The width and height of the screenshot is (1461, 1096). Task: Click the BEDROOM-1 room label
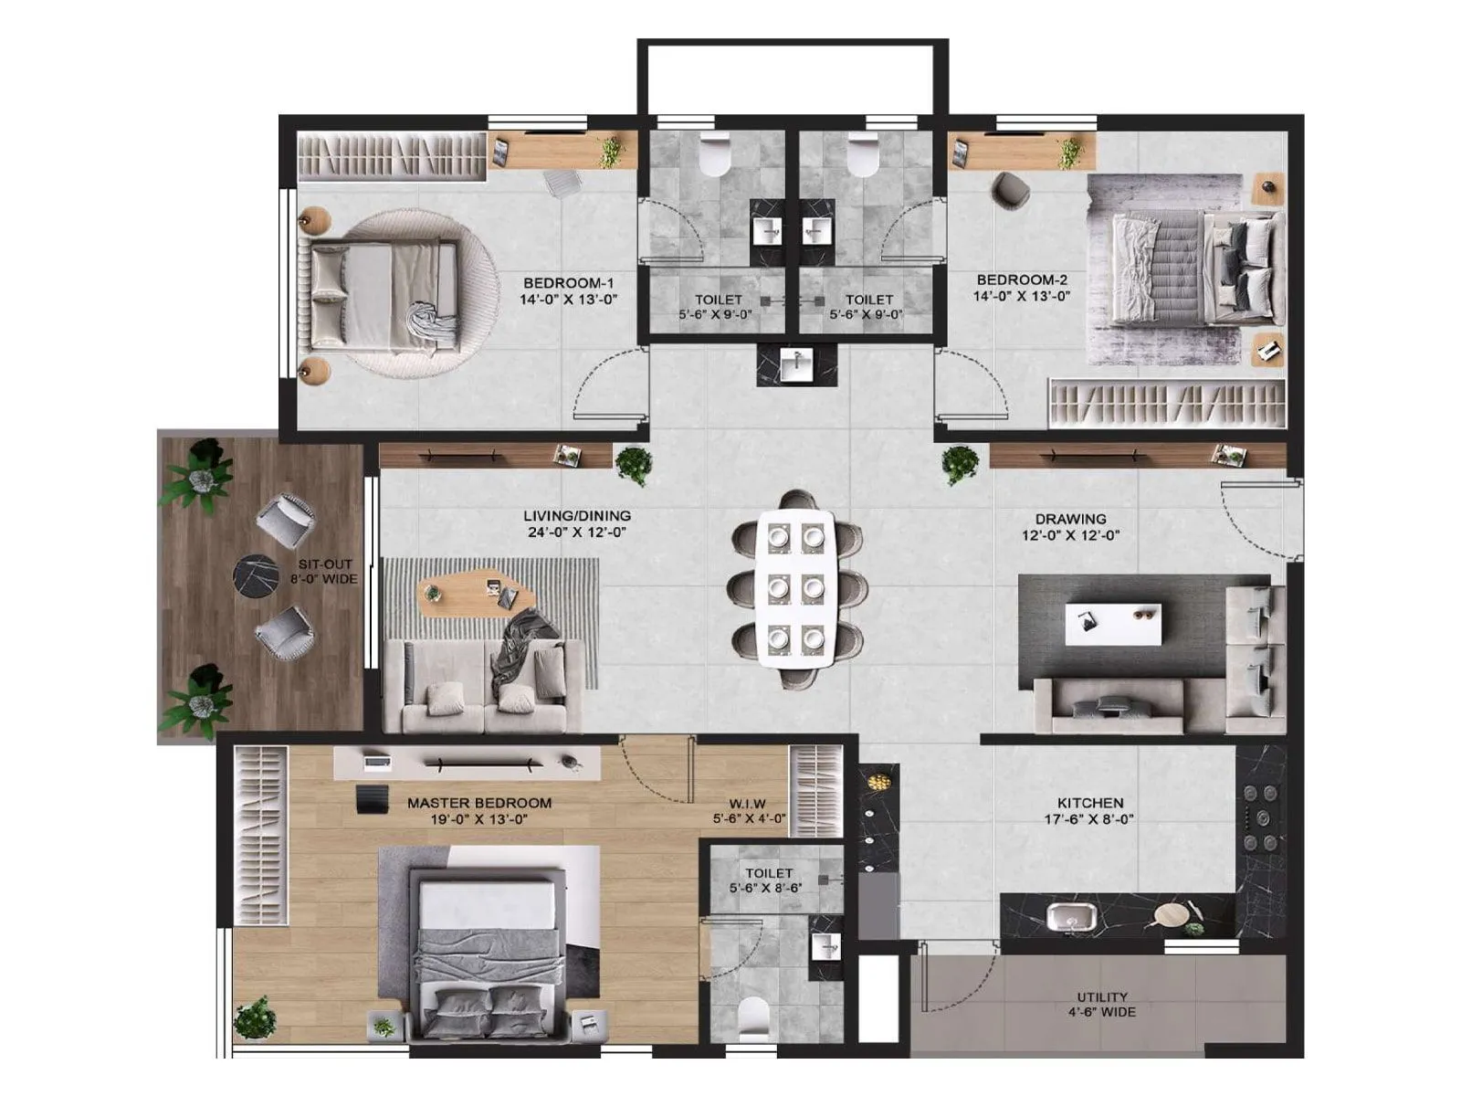[x=568, y=283]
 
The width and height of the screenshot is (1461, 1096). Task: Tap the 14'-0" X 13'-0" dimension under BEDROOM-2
[x=1021, y=296]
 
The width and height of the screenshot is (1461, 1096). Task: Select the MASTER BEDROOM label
[x=478, y=803]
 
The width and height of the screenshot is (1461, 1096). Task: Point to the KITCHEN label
[x=1090, y=803]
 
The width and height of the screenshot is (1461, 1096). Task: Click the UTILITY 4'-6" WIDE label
[x=1101, y=1004]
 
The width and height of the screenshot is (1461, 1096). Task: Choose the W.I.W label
[x=747, y=804]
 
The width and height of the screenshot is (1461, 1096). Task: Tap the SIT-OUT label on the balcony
[x=324, y=564]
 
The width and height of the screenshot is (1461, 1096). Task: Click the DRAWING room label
[x=1070, y=519]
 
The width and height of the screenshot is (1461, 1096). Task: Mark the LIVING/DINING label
[x=576, y=516]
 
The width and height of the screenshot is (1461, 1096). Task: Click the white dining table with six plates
[x=794, y=588]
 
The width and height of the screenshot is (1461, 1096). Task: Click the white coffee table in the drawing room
[x=1113, y=624]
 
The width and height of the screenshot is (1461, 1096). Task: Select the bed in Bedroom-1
[x=384, y=295]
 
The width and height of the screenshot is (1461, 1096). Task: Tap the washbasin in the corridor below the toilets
[x=796, y=364]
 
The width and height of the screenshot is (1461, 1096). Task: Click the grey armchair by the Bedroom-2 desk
[x=1011, y=189]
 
